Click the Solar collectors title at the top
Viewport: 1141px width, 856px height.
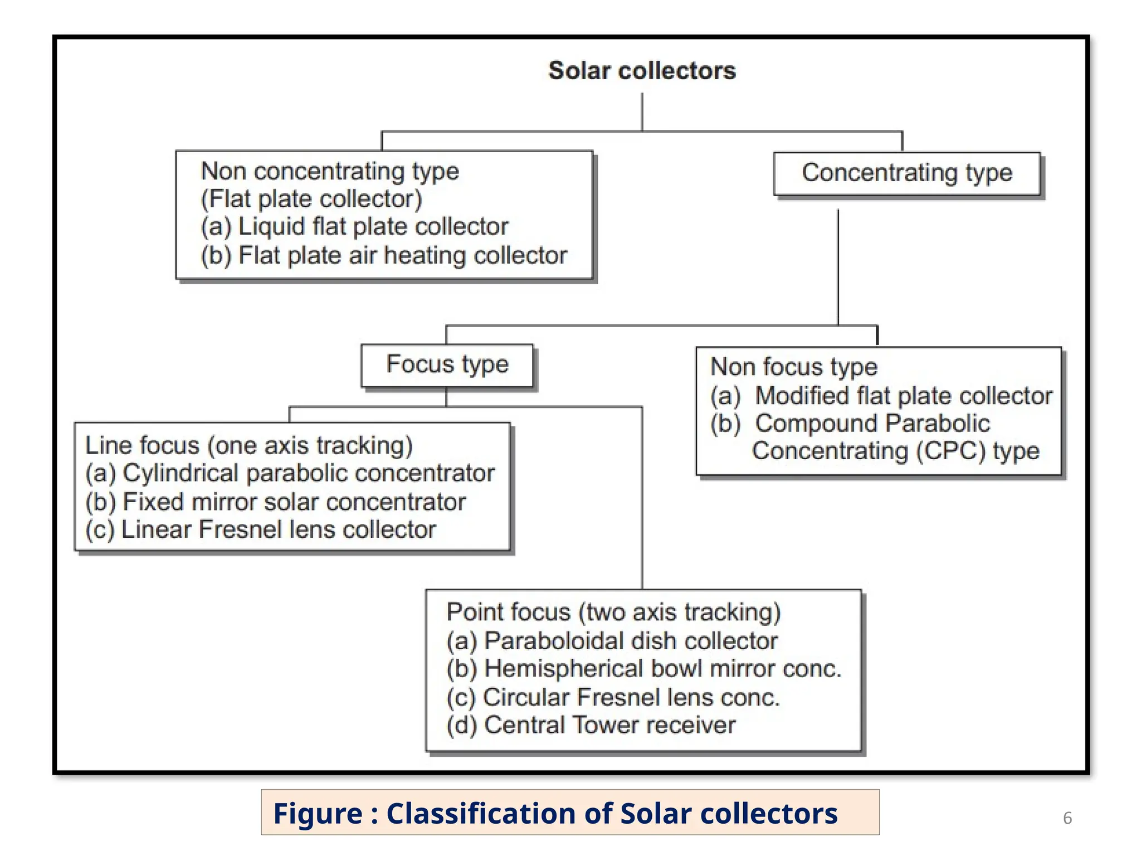[642, 71]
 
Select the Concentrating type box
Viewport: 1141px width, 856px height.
[906, 173]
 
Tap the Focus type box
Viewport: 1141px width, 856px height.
[447, 365]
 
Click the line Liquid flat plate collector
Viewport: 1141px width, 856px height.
[354, 227]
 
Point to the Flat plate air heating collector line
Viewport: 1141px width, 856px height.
[384, 256]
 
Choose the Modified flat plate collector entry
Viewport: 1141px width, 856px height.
[903, 396]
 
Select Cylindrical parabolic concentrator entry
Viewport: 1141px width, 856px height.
[290, 474]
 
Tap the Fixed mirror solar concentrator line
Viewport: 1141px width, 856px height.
[275, 502]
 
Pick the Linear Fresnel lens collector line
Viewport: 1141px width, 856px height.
[261, 530]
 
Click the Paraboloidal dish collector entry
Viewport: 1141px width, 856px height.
[612, 641]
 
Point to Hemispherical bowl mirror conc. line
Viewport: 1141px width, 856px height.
[643, 669]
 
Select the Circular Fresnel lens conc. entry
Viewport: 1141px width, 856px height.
[613, 698]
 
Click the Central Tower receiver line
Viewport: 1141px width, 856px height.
[591, 726]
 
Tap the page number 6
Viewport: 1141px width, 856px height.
[1067, 818]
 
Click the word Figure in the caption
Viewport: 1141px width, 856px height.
[318, 813]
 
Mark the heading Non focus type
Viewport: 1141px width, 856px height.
[793, 367]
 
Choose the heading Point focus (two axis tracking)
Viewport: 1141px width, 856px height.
[613, 612]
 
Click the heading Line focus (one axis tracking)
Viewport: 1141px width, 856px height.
[248, 446]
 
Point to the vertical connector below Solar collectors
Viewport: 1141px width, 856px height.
[642, 111]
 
